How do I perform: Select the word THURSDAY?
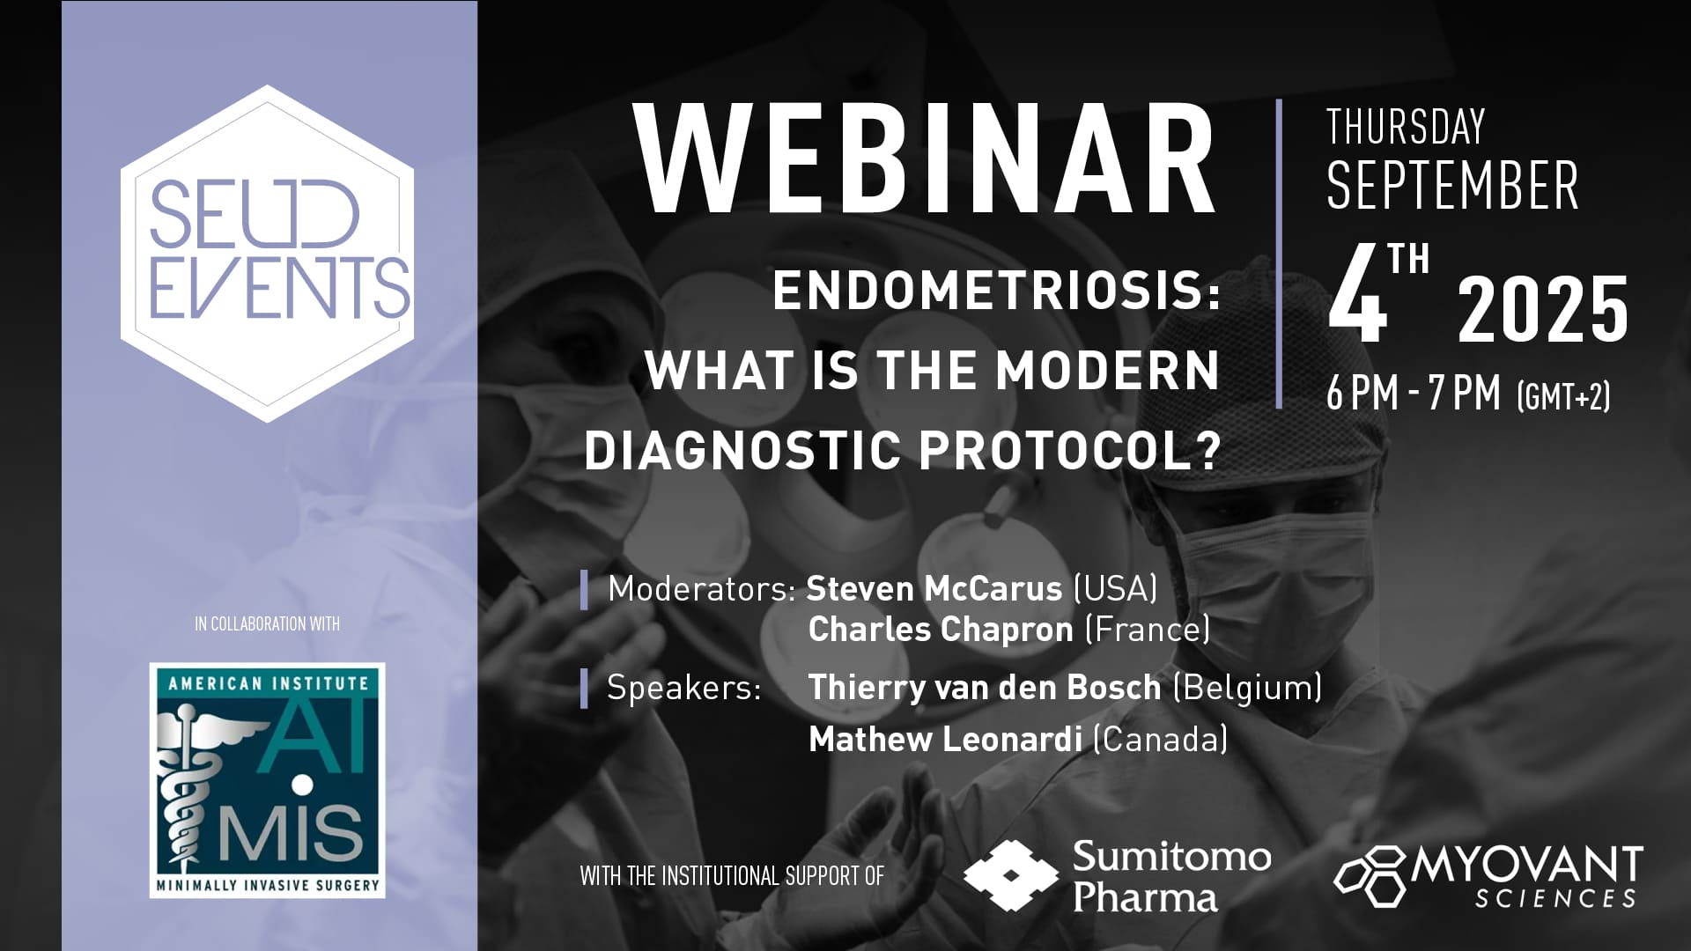1406,127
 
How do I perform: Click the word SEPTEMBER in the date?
1452,186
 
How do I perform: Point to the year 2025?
1543,308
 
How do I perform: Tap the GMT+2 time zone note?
1564,396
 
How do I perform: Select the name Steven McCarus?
934,588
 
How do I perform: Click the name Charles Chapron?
941,629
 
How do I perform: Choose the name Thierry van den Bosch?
985,687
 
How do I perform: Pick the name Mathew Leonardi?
945,739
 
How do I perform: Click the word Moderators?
702,588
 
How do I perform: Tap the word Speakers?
684,687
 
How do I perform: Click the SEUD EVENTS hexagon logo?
268,253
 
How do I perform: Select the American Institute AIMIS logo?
268,780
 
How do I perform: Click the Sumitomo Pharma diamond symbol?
1010,875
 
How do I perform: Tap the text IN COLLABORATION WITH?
267,624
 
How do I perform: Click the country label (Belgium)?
1247,687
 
